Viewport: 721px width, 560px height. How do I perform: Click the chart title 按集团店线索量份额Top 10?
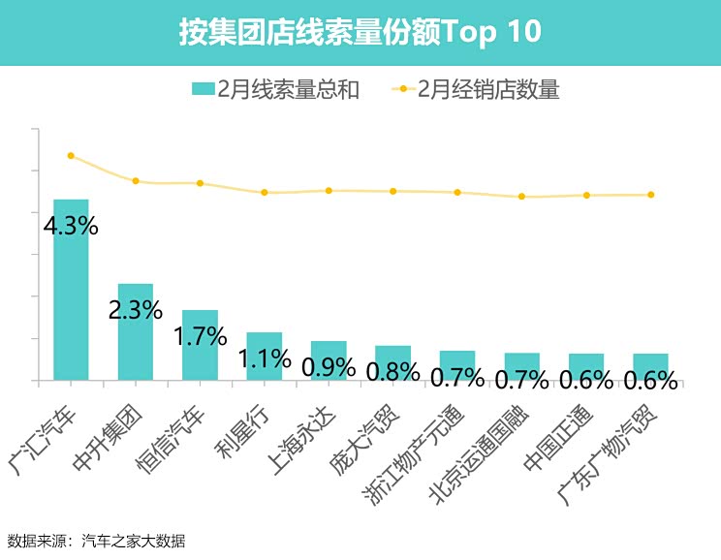click(x=360, y=32)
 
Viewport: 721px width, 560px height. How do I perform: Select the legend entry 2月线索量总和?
click(x=276, y=90)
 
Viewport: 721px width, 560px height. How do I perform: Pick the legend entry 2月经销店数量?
click(x=477, y=90)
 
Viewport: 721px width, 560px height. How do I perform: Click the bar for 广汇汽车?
click(x=71, y=290)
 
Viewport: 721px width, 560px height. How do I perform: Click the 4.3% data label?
click(x=71, y=227)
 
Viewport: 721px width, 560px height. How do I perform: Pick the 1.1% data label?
click(x=266, y=358)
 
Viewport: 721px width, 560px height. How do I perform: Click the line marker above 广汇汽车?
click(x=71, y=155)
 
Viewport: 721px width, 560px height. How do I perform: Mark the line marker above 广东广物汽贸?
click(x=650, y=195)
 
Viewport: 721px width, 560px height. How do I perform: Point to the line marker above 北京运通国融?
click(x=521, y=197)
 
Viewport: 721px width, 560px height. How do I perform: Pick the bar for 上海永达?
click(x=329, y=360)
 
